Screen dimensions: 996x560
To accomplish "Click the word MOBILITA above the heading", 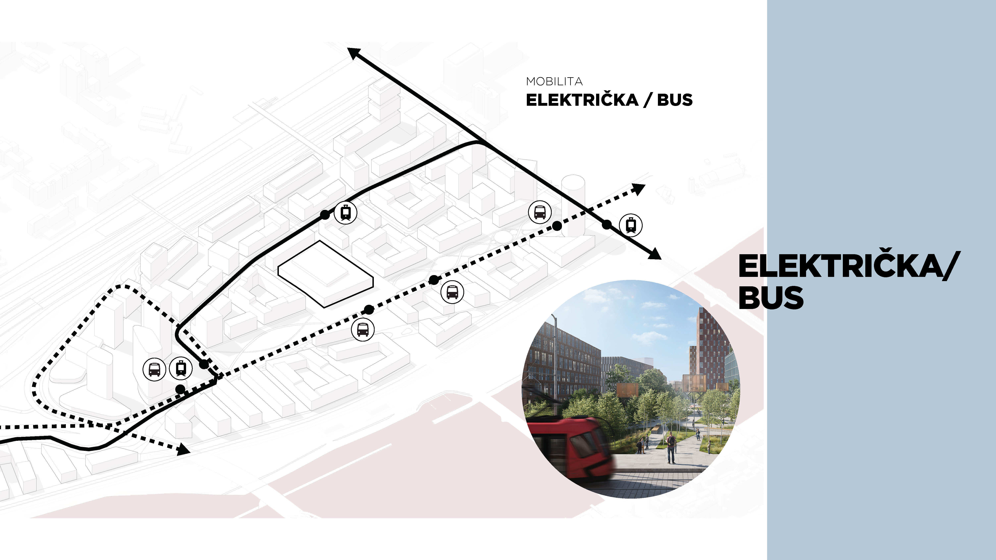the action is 554,81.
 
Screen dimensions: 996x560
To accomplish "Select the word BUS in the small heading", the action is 675,100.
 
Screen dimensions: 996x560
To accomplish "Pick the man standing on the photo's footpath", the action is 671,447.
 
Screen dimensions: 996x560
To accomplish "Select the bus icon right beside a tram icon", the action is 154,369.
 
